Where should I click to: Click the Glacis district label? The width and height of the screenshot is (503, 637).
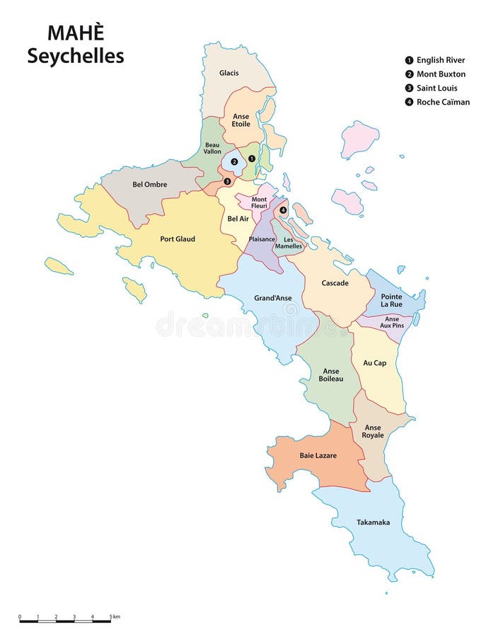tap(229, 73)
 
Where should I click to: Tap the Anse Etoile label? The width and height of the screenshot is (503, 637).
tap(241, 120)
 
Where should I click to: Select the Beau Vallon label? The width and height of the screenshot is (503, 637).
tap(212, 148)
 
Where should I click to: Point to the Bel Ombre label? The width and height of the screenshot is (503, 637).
tap(150, 185)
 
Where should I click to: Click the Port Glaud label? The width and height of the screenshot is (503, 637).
tap(178, 239)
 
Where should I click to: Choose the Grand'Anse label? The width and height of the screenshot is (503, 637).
tap(273, 298)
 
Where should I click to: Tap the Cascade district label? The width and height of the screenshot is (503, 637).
tap(335, 283)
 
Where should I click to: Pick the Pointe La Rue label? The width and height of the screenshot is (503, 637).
tap(391, 300)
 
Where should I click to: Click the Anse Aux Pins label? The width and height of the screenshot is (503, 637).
tap(392, 322)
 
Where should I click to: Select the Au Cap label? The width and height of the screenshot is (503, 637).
tap(375, 363)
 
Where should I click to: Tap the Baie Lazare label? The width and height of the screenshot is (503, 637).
tap(318, 456)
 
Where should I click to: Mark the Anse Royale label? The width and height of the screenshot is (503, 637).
tap(374, 431)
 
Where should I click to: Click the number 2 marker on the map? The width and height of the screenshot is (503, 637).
tap(233, 161)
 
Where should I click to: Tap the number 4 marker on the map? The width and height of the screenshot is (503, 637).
tap(283, 210)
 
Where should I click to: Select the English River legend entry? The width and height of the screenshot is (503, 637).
tap(434, 60)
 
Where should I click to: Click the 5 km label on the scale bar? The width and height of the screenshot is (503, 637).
tap(115, 617)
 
